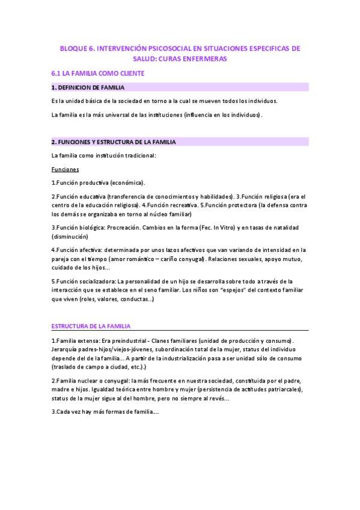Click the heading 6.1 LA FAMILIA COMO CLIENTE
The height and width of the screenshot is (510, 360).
pyautogui.click(x=98, y=73)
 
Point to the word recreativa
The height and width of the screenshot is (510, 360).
pyautogui.click(x=182, y=204)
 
